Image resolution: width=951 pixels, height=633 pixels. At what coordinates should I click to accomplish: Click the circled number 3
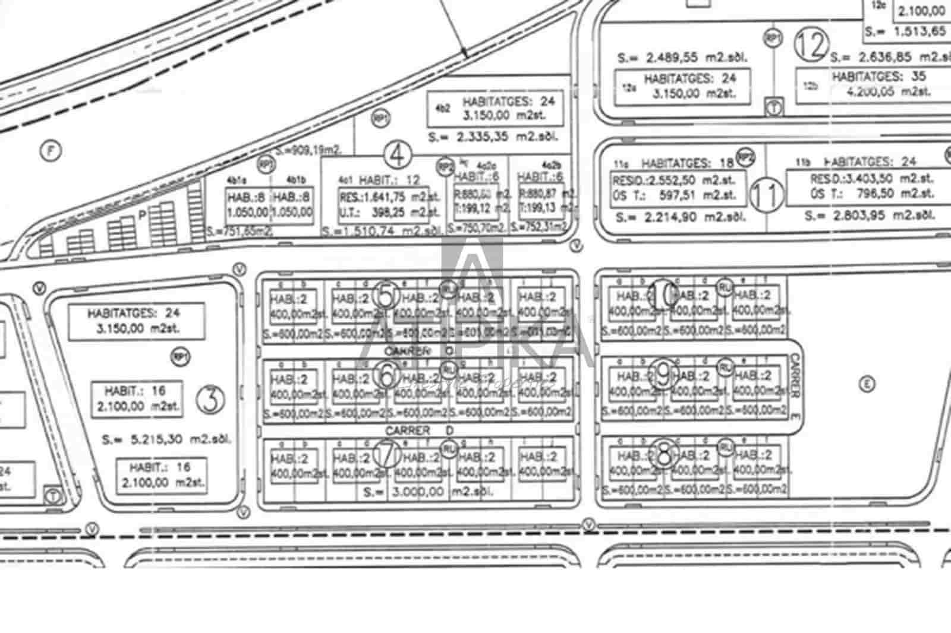coord(210,400)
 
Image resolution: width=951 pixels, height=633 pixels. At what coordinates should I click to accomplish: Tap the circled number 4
coord(398,155)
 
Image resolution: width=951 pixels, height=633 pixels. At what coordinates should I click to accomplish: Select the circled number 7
coord(388,454)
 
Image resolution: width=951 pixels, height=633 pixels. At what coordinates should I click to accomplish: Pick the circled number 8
coord(664,454)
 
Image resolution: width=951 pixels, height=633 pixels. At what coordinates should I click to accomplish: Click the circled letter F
coord(51,152)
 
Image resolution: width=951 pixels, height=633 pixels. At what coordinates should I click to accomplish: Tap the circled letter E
coord(867,384)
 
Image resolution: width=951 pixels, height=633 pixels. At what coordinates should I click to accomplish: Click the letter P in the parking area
coord(143,216)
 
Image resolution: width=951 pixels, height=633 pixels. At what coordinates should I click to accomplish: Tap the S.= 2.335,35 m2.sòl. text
coord(493,137)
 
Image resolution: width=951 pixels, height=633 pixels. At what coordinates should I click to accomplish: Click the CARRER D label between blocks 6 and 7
coord(419,430)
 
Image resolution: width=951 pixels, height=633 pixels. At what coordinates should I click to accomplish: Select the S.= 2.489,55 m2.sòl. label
coord(681,58)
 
